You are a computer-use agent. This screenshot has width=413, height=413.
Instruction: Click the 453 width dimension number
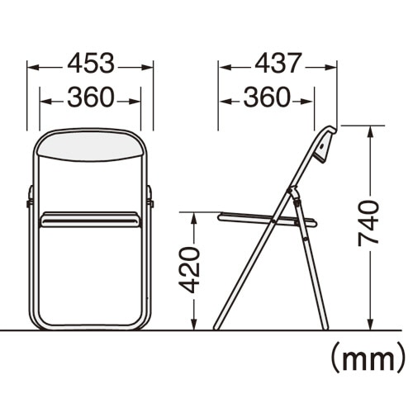pos(91,64)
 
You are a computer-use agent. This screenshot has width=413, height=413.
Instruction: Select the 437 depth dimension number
pos(277,64)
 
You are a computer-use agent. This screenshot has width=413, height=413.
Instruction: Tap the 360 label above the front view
pos(91,97)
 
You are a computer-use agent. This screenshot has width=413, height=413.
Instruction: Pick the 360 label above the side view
pos(267,97)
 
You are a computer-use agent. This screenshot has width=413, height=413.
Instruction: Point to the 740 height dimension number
pos(368,223)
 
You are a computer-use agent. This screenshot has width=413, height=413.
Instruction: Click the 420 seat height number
pos(189,270)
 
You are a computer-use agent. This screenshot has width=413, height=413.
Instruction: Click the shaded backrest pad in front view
pos(91,147)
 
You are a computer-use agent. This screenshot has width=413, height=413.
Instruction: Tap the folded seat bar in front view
pos(90,220)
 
